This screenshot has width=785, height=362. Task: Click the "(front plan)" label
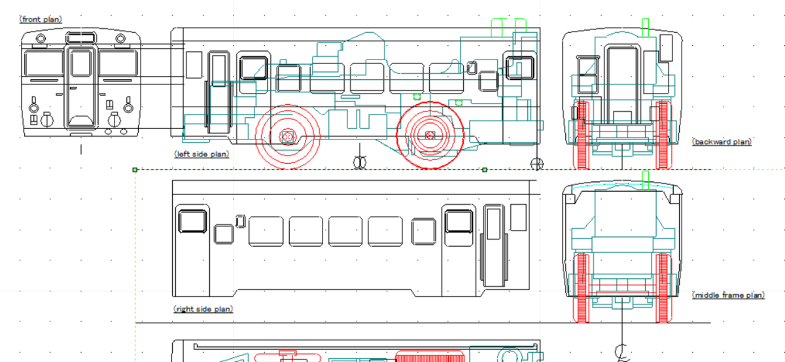pos(41,19)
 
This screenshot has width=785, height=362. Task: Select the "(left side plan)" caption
pos(201,154)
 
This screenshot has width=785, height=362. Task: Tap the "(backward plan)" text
pos(722,141)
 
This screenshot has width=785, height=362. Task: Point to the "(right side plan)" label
pos(203,309)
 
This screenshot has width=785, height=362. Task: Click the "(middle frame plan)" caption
pos(729,295)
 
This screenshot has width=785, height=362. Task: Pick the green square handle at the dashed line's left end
pos(135,170)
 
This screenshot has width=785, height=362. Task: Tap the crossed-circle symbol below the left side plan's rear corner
pos(537,164)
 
